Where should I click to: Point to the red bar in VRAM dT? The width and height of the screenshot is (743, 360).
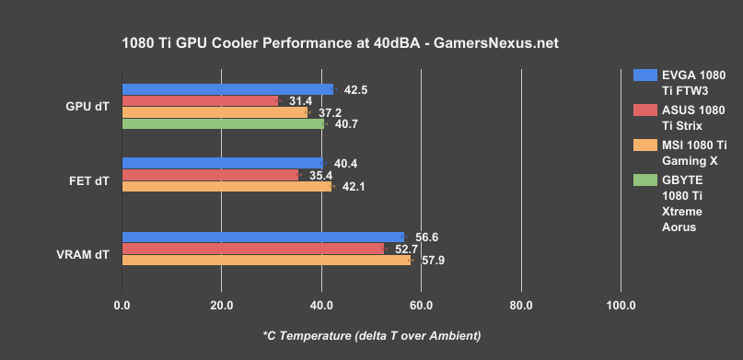click(252, 249)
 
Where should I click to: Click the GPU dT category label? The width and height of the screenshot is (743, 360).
click(87, 107)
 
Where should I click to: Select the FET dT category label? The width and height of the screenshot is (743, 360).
click(88, 180)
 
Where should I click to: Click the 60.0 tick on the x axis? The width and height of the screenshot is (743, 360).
click(421, 305)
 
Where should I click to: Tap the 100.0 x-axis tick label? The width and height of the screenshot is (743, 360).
click(620, 305)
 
